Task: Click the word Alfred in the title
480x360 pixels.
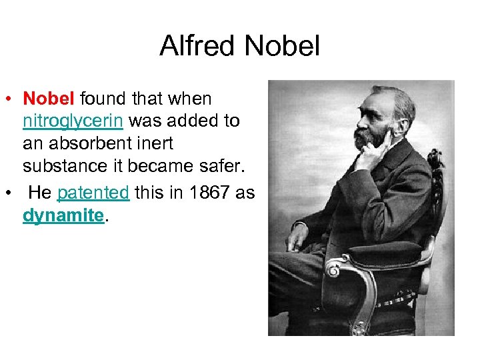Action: pyautogui.click(x=198, y=47)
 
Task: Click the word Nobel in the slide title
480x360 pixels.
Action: pyautogui.click(x=283, y=47)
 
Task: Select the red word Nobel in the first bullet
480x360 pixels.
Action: pyautogui.click(x=50, y=99)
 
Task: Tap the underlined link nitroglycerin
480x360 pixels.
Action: pyautogui.click(x=73, y=122)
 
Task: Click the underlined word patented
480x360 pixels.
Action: pyautogui.click(x=93, y=193)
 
